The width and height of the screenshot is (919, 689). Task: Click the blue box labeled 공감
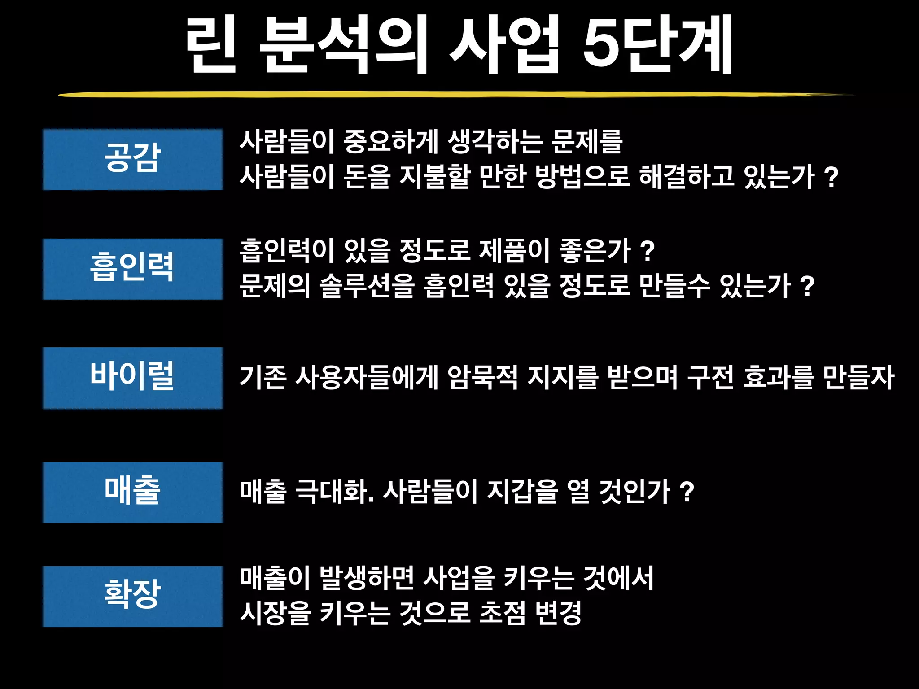click(x=133, y=159)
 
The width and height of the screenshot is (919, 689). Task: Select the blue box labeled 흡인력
click(x=133, y=269)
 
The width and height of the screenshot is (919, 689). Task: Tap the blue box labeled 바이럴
click(x=133, y=378)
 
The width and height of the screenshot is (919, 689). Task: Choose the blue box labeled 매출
click(x=133, y=492)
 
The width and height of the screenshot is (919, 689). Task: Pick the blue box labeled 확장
click(x=133, y=596)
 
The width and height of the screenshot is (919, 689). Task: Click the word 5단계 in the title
click(x=658, y=45)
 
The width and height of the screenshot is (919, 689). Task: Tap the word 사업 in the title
click(x=505, y=45)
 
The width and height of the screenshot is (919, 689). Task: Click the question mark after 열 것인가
click(x=687, y=492)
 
